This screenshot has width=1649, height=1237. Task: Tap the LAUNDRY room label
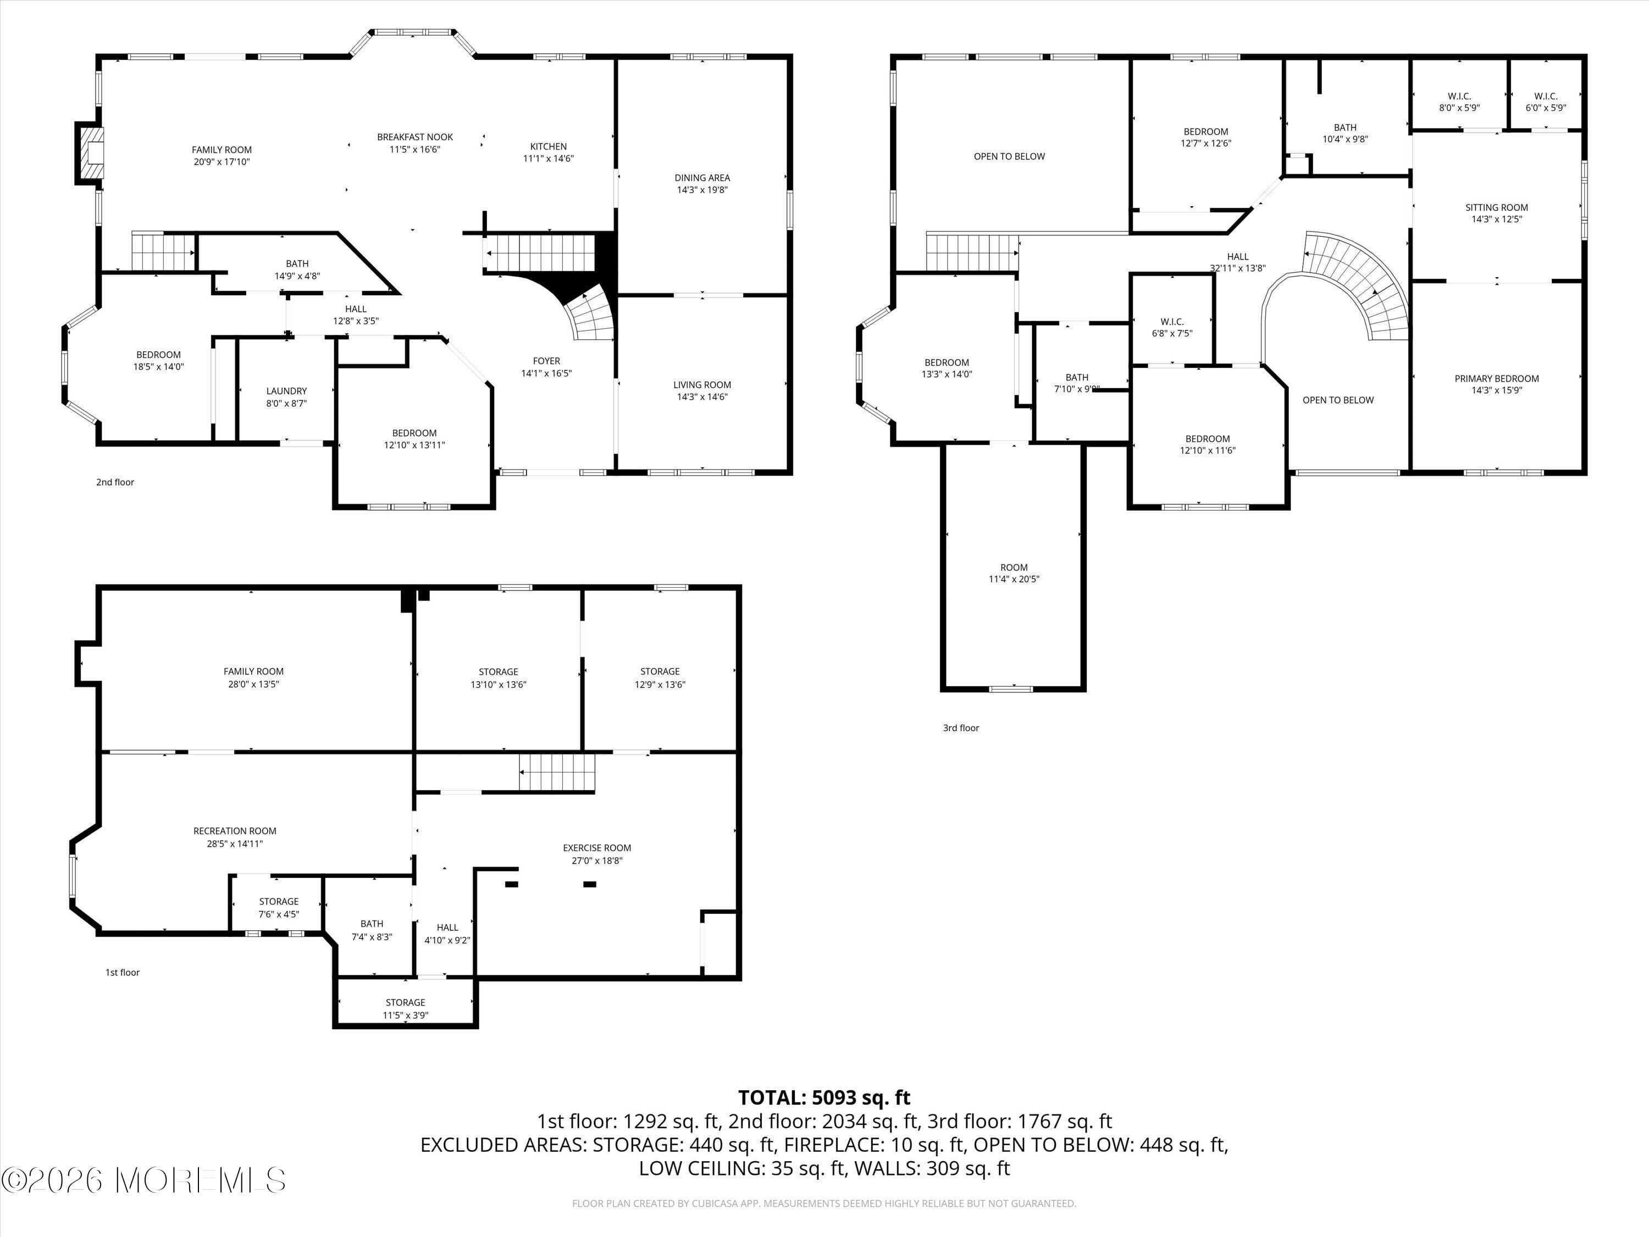tap(286, 391)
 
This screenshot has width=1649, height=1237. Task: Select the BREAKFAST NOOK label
tap(414, 137)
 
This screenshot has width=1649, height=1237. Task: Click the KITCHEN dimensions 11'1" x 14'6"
tap(548, 159)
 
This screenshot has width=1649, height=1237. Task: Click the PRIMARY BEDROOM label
tap(1496, 379)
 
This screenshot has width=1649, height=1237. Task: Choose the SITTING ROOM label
tap(1496, 207)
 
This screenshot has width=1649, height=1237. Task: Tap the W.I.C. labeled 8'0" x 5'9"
tap(1459, 101)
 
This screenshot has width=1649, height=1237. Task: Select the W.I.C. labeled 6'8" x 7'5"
tap(1172, 327)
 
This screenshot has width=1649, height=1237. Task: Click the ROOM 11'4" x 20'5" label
tap(1013, 573)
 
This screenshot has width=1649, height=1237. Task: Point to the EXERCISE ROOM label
tap(596, 848)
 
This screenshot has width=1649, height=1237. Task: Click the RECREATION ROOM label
tap(235, 831)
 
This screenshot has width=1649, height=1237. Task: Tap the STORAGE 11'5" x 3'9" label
tap(406, 1008)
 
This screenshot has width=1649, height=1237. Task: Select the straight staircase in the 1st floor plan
tap(557, 772)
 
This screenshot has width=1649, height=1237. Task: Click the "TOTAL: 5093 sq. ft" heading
tap(824, 1097)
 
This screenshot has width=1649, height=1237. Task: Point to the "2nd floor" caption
tap(115, 482)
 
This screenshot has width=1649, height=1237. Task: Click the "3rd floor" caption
tap(960, 728)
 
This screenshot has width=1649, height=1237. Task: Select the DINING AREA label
tap(701, 178)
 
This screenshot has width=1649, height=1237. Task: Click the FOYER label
tap(546, 361)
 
